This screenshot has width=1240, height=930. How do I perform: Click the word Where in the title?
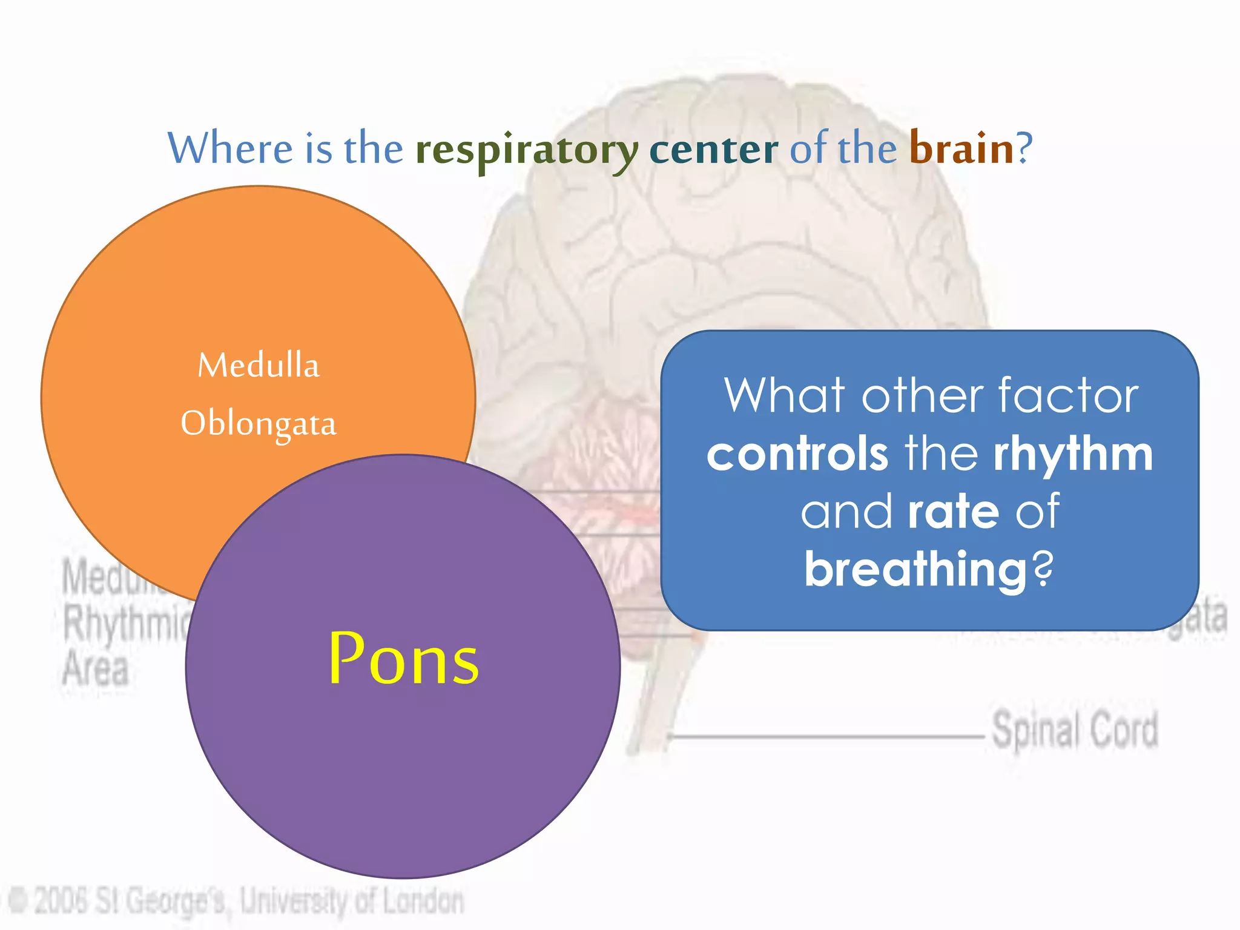229,148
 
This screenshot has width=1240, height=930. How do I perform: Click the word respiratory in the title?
526,150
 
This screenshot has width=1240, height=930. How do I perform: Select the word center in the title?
713,150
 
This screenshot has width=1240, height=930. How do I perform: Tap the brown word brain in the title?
961,148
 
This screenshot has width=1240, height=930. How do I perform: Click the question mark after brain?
1024,148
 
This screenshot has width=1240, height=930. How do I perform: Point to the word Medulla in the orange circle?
259,366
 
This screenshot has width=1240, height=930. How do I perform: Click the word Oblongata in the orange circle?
259,423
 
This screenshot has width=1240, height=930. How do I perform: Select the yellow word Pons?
403,660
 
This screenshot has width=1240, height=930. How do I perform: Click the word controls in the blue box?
797,454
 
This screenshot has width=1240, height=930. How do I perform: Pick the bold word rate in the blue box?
953,512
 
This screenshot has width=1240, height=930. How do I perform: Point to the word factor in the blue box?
1068,397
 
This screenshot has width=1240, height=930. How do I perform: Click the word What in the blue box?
784,397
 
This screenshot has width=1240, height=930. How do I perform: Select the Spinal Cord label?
1075,730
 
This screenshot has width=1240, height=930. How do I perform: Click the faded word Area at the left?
96,669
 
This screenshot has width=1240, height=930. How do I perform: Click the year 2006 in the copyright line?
62,900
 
